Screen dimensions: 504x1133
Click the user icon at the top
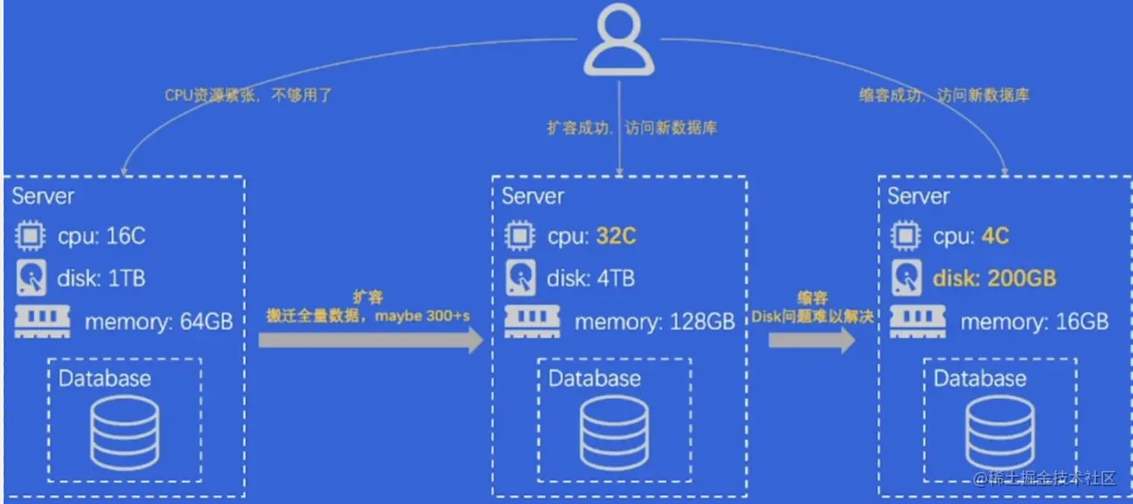click(620, 40)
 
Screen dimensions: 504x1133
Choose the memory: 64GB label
click(159, 321)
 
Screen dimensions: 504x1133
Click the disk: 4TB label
click(591, 278)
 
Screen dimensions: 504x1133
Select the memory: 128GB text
click(655, 321)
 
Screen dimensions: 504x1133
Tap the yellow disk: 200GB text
click(994, 278)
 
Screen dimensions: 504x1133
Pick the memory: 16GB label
click(1034, 321)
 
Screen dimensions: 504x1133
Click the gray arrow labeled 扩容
click(371, 339)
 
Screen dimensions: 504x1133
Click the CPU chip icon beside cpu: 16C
click(30, 236)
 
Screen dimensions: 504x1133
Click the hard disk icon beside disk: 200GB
click(905, 278)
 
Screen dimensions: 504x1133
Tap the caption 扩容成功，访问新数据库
click(632, 128)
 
